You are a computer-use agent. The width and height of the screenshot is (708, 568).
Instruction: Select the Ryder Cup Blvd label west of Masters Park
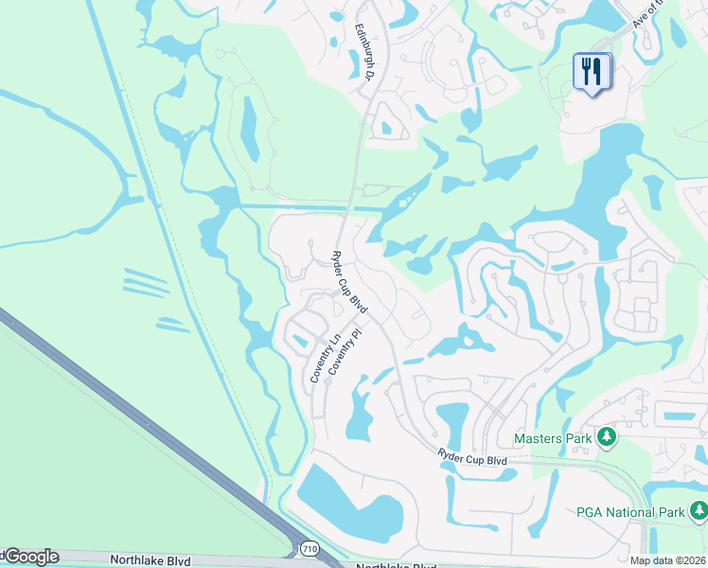click(x=472, y=459)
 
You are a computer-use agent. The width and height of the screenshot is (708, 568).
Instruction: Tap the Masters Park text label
click(x=553, y=438)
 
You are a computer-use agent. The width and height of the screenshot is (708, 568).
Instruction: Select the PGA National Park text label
click(x=629, y=512)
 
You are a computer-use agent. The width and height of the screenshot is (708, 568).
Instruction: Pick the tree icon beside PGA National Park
click(x=699, y=512)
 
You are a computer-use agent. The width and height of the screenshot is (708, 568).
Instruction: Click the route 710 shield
click(x=310, y=549)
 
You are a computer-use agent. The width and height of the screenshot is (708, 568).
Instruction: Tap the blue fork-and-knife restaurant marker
click(x=592, y=72)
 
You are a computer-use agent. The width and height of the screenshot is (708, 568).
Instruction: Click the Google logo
click(x=30, y=557)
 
